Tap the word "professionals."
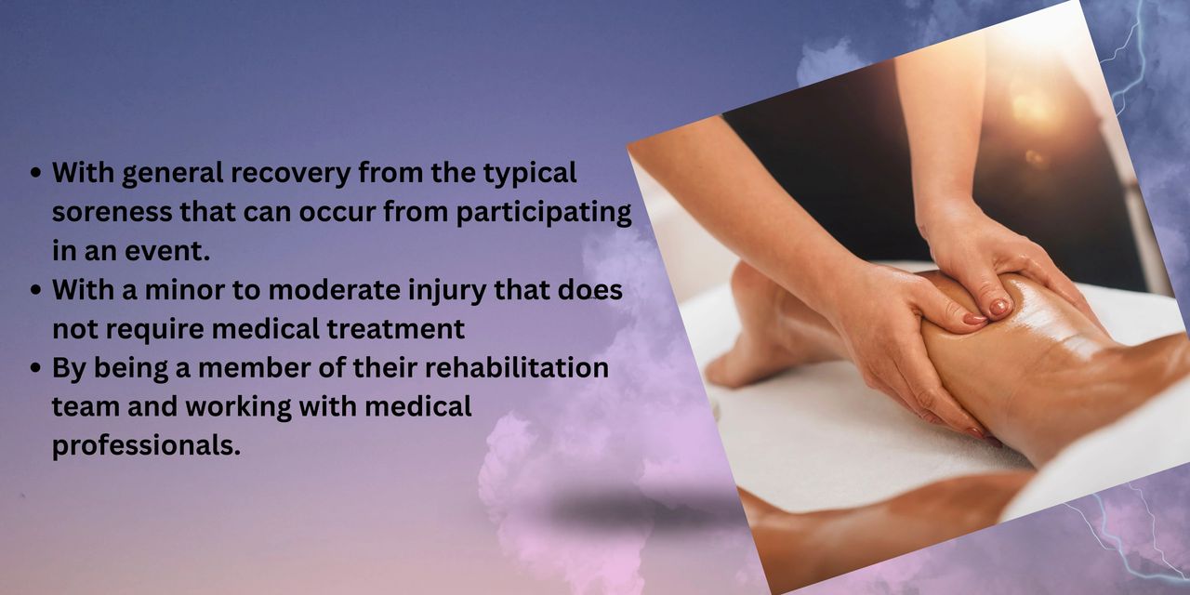(x=146, y=445)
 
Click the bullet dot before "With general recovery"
(x=35, y=174)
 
